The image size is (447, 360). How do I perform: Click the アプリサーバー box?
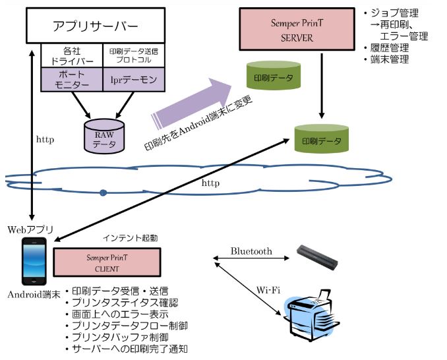tap(96, 26)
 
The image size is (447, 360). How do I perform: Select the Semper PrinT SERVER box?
tap(297, 30)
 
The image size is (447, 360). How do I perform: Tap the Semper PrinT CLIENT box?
tap(107, 262)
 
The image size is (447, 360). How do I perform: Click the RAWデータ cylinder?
tap(104, 136)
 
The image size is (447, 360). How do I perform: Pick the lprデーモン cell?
tap(134, 80)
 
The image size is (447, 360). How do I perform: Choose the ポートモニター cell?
tap(72, 80)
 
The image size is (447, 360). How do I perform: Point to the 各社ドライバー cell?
tap(72, 55)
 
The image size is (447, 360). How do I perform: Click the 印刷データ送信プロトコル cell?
tap(134, 55)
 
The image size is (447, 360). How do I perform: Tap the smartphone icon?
tap(34, 261)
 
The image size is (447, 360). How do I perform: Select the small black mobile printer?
tap(317, 257)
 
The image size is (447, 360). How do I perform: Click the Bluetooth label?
tap(251, 251)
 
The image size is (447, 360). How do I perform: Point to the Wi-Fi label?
tap(268, 290)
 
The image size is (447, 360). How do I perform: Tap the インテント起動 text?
tap(130, 238)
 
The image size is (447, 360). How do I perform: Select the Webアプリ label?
tap(30, 229)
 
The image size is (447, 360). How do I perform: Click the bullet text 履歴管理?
tap(390, 47)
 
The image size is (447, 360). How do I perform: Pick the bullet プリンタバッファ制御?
tap(120, 337)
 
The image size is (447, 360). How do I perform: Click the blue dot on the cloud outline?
tap(104, 193)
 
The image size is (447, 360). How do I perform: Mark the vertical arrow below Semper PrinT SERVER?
tap(322, 86)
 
